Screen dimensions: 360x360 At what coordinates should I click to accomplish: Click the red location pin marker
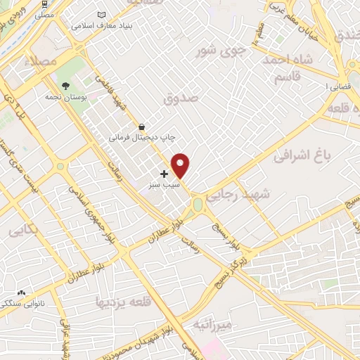181,165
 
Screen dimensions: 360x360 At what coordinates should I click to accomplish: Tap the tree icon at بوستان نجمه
66,86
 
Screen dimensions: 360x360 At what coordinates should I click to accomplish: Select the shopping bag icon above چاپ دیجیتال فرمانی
143,127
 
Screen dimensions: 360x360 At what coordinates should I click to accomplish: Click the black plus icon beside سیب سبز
165,173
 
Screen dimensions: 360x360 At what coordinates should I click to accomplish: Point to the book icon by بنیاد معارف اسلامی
103,15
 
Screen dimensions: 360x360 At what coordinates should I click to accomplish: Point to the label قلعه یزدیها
120,302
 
